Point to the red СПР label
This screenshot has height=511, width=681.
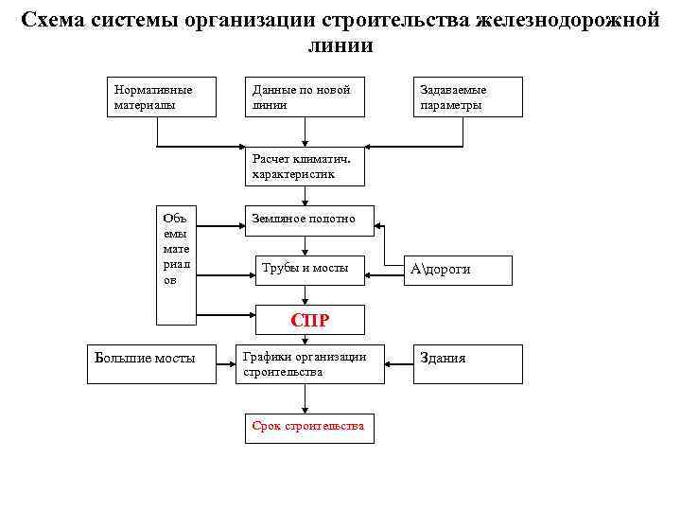pos(310,320)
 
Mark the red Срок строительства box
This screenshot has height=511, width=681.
pos(308,427)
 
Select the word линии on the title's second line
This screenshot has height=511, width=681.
pos(340,45)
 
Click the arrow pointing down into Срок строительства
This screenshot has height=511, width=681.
pos(305,399)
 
